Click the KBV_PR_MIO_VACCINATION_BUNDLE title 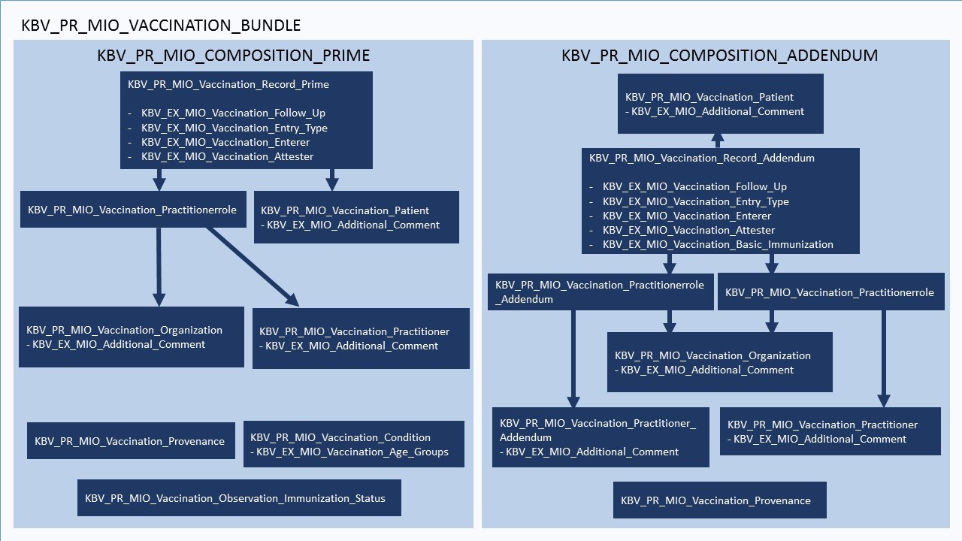161,25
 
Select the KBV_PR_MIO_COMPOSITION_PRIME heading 234,56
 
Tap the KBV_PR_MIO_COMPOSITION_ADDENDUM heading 719,56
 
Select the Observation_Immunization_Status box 239,498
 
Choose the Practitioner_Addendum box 600,437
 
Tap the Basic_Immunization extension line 718,244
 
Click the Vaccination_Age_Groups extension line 352,452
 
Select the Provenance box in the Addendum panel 719,500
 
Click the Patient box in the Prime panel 356,218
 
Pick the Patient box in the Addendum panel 720,104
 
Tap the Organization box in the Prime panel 131,337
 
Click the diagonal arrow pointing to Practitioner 253,267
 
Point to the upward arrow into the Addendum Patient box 718,141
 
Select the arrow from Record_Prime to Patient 332,179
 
